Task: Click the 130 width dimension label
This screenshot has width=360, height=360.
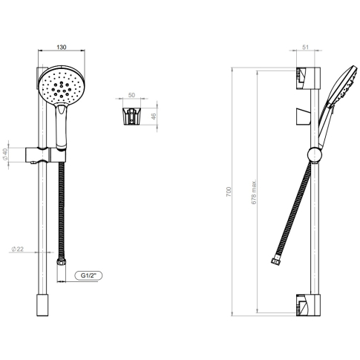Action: coord(62,47)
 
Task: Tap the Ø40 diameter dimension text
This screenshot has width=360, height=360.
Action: coord(5,154)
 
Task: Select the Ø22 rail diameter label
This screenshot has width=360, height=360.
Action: coord(18,249)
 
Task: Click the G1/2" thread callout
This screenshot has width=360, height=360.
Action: coord(88,275)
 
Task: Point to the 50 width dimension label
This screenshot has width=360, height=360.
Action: coord(131,95)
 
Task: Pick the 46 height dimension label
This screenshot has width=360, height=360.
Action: coord(154,117)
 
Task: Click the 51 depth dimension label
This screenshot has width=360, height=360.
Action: coord(306,47)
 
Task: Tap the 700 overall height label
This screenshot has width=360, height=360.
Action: coord(229,192)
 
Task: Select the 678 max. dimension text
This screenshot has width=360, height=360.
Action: coord(254,192)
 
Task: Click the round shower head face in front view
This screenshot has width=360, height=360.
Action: coord(62,85)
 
